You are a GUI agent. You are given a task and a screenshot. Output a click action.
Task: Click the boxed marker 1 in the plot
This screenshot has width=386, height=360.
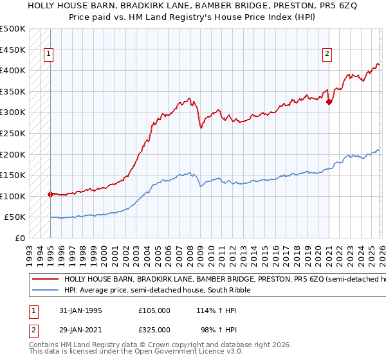point(50,55)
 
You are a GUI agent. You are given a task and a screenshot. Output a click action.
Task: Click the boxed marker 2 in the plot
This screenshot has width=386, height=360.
point(327,55)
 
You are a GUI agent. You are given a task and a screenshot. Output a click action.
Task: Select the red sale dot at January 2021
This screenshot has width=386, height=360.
point(329,102)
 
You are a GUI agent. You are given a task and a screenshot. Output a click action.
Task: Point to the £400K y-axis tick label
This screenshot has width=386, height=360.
point(13,71)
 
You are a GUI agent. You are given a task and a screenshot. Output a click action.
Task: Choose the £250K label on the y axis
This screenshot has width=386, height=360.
point(13,134)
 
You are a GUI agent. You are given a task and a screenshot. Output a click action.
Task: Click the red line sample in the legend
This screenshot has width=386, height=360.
point(45,280)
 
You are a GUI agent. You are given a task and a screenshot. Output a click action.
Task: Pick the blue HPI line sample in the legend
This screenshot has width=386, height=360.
point(45,291)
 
